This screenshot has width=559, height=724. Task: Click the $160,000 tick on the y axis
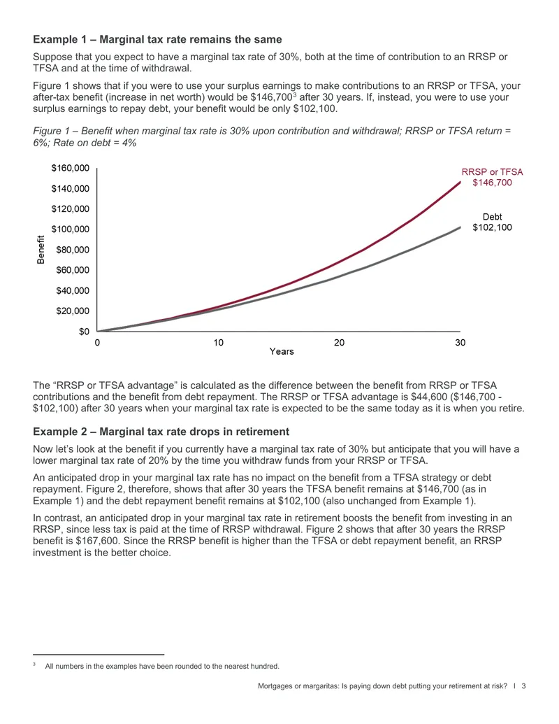coord(70,168)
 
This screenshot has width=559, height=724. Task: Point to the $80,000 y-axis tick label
coord(73,250)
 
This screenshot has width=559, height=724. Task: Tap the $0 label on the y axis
coord(84,332)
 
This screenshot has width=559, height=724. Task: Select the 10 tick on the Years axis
coord(218,343)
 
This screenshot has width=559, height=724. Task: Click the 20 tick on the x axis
coord(339,343)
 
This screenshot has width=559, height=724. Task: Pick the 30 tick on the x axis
coord(460,343)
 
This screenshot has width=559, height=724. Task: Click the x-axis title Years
coord(282,351)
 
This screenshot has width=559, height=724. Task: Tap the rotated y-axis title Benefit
coord(41,250)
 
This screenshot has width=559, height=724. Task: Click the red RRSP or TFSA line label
coord(492,172)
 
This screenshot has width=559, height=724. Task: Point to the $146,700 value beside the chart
coord(492,183)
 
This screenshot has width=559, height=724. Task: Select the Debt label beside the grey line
coord(492,217)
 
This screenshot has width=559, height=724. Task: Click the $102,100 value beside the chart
coord(492,227)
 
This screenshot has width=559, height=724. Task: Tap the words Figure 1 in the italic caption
coord(50,131)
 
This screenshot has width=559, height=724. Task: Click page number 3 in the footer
coord(523,686)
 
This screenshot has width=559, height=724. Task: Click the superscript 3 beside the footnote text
coord(34,665)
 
